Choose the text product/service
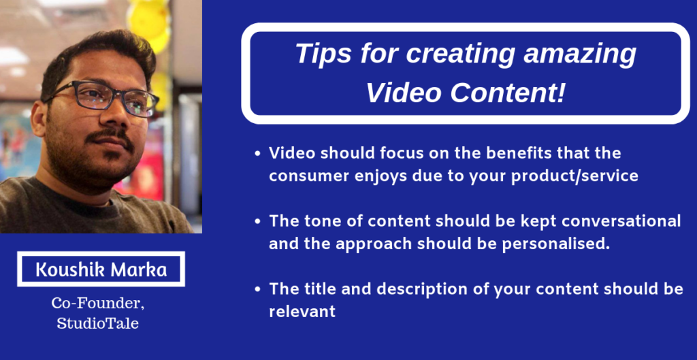pos(574,177)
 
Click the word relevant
pos(302,312)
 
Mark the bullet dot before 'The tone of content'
pos(257,222)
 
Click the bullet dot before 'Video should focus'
pos(257,154)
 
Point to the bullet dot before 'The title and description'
pos(257,290)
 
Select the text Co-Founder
pos(98,304)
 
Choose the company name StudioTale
pos(98,323)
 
